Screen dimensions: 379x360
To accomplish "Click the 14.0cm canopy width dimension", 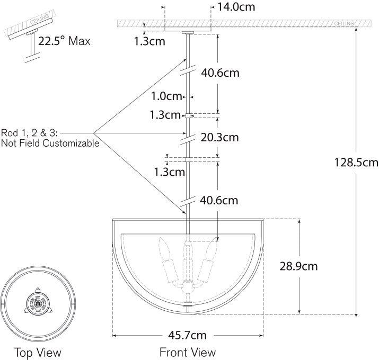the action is click(236, 7).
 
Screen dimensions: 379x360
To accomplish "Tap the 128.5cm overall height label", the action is click(356, 162).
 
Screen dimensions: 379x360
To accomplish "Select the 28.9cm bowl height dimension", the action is click(298, 266).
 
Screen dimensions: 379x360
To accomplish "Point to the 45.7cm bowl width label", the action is click(187, 335).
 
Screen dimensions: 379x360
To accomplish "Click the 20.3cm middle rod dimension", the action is click(219, 137).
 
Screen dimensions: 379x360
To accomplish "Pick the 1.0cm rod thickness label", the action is click(166, 96).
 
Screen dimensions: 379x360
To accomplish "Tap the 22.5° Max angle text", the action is click(64, 41).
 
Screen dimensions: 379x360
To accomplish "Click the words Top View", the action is click(38, 353).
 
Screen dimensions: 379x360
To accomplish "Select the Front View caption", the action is click(188, 352).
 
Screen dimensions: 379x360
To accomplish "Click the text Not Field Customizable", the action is click(50, 143).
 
